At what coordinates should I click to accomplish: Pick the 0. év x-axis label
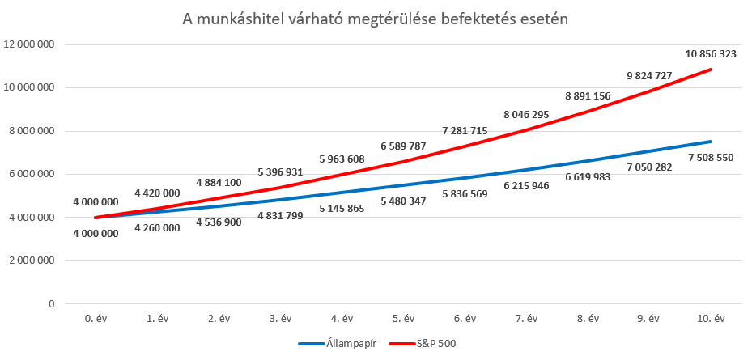click(x=95, y=319)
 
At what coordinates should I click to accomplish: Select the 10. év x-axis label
click(x=710, y=319)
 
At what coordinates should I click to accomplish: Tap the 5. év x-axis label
click(x=402, y=319)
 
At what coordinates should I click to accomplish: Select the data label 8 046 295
click(x=527, y=115)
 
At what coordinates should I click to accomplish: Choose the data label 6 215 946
click(x=526, y=186)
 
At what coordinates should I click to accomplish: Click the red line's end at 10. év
click(x=710, y=70)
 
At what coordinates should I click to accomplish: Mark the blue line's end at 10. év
click(x=710, y=142)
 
